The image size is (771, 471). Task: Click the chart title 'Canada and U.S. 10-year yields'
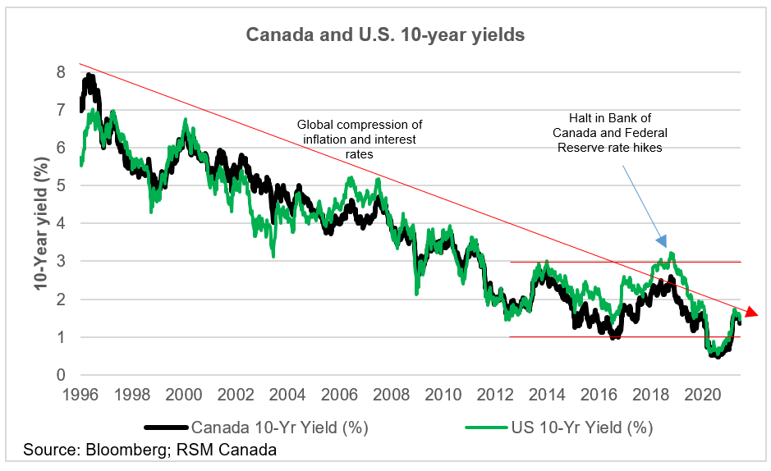(385, 36)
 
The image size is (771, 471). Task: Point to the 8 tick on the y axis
(60, 72)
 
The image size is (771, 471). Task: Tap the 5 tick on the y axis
(60, 185)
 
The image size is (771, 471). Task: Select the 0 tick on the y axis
(60, 376)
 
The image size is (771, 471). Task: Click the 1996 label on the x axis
(81, 394)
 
